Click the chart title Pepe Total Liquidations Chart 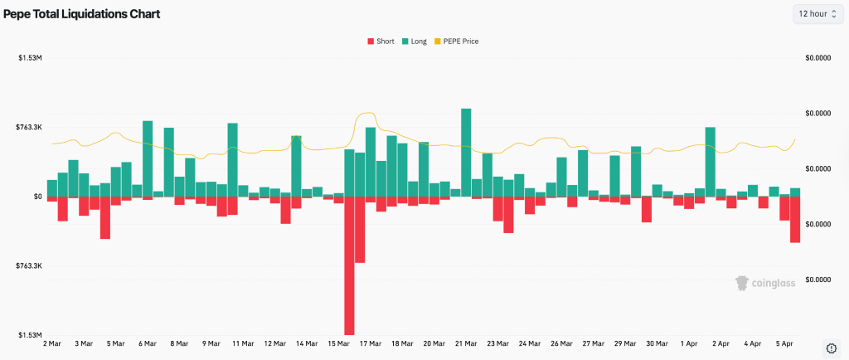tap(81, 14)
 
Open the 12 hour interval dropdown tap(817, 14)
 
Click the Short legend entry tap(381, 41)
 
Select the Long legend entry tap(414, 41)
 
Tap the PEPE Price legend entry tap(455, 41)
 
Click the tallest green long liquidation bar tap(466, 153)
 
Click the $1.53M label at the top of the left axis tap(31, 57)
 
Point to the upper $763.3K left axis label tap(29, 127)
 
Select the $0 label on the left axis tap(36, 197)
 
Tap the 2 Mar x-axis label tap(53, 343)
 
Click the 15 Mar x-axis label tap(338, 343)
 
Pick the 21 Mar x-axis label tap(466, 343)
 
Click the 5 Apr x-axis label tap(784, 343)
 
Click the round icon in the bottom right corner tap(831, 347)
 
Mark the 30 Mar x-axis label tap(657, 343)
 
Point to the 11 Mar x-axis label tap(243, 343)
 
